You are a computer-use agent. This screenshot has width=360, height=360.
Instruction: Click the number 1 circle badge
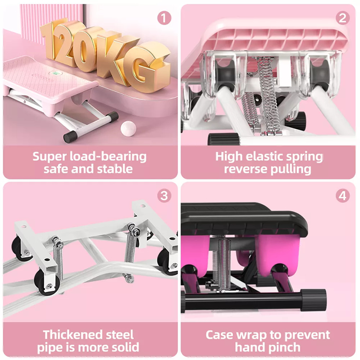coord(164,18)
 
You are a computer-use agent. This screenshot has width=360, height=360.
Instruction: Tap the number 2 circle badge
coord(343,18)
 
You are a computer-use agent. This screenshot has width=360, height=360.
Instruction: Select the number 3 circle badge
coord(164,196)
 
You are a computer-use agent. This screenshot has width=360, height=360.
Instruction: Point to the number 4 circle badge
coord(343,196)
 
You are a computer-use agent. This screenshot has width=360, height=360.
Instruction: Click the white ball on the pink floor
coord(128,129)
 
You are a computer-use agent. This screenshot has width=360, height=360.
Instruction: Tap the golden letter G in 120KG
coord(147,66)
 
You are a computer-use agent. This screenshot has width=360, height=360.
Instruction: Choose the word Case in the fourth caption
coord(220,335)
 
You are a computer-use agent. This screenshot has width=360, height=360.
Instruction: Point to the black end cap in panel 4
coord(313,300)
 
